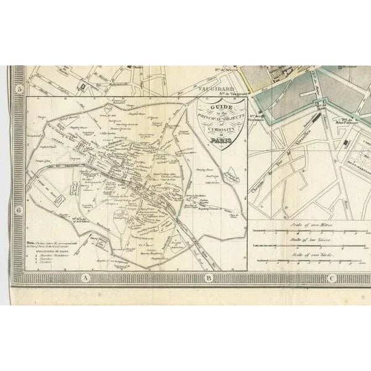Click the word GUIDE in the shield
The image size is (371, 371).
pyautogui.click(x=211, y=107)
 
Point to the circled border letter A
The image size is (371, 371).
pyautogui.click(x=82, y=279)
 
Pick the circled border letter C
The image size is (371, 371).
pyautogui.click(x=331, y=279)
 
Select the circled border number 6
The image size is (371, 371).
pyautogui.click(x=20, y=210)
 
